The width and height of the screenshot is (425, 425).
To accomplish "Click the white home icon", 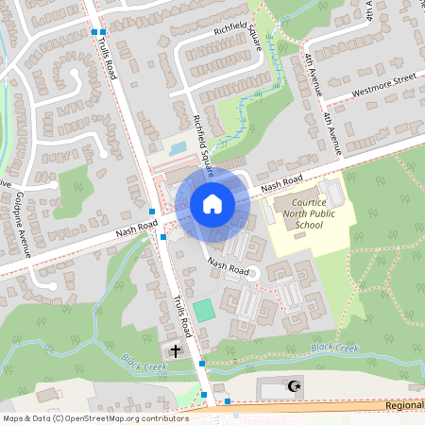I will (212, 204).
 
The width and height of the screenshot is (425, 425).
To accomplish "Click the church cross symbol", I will (176, 351).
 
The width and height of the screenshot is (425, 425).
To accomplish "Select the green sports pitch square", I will (203, 310).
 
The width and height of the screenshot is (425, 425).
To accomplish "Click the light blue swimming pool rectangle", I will (177, 148).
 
